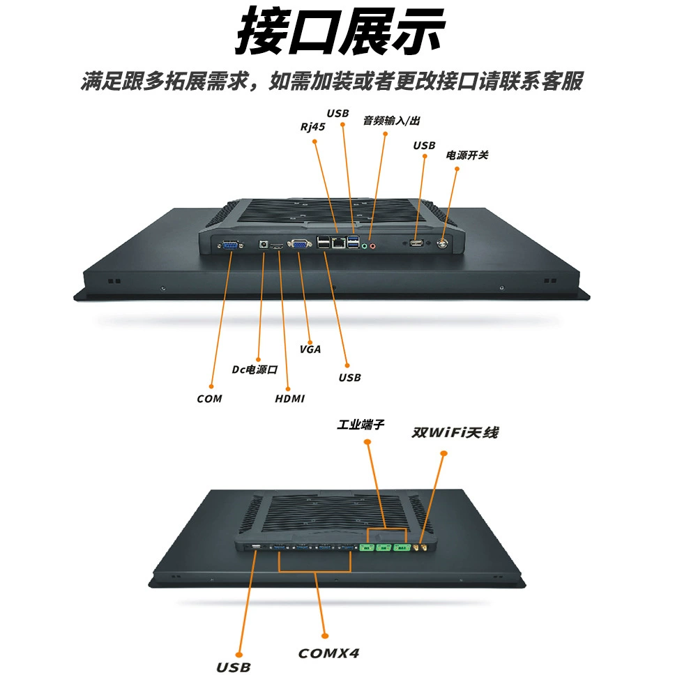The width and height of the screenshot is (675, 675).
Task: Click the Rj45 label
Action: click(312, 127)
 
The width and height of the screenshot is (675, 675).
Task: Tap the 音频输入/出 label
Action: click(391, 121)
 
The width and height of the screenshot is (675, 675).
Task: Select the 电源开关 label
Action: click(467, 155)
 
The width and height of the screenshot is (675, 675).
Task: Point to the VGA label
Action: click(310, 349)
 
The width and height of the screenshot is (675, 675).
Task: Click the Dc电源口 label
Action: click(255, 370)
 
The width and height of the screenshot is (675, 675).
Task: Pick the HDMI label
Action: click(289, 399)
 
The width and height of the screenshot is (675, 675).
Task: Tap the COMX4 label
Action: click(329, 653)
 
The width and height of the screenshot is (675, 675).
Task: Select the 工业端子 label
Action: click(361, 425)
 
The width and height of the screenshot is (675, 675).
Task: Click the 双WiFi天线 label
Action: click(455, 432)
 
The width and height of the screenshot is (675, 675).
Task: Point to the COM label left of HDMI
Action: click(209, 399)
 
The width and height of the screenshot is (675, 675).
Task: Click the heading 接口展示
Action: click(340, 31)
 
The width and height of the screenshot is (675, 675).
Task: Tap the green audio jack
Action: click(364, 246)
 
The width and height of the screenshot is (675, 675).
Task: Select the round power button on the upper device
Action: click(442, 243)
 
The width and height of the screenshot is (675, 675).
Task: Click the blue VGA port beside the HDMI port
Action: click(300, 244)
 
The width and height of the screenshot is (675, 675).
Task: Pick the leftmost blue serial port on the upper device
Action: click(230, 245)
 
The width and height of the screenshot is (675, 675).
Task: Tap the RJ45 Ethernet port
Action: click(339, 243)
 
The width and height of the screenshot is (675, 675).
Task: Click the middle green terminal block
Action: click(383, 547)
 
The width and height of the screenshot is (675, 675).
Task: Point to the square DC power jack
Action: click(263, 245)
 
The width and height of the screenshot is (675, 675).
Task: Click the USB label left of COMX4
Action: click(234, 667)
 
